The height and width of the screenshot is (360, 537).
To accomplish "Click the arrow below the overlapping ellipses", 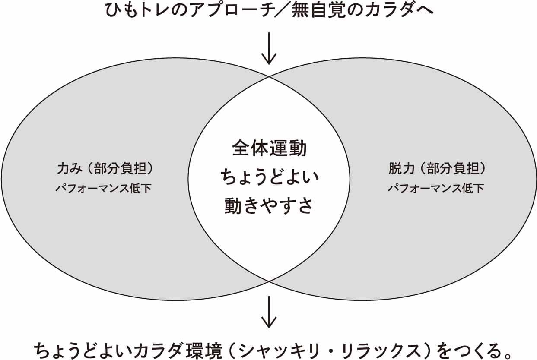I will pos(269,311).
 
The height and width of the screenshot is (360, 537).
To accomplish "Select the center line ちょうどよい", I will pos(269,177).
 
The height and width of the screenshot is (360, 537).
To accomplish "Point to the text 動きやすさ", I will pos(269,206).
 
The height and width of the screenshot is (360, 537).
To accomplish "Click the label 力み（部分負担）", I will pos(105,169).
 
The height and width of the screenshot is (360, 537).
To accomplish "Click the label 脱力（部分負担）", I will pos(437,169).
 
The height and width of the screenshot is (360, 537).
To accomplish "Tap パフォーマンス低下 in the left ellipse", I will pos(104,189).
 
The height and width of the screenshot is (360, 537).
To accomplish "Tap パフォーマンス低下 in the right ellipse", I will pos(435,189).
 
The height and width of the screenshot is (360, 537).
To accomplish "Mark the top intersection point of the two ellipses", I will pos(269,77).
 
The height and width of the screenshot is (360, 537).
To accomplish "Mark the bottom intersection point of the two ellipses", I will pos(269,281).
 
